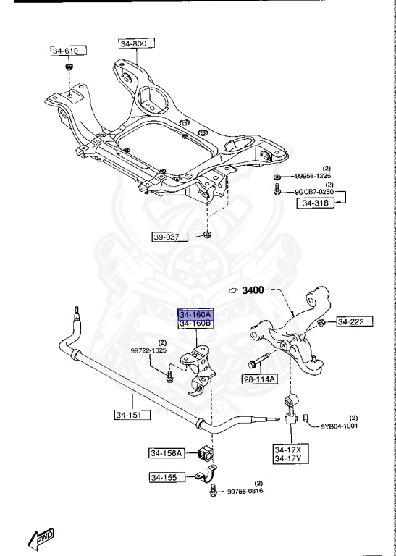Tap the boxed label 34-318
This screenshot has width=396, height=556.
coord(315,203)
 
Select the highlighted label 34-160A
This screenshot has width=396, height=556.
coord(195,315)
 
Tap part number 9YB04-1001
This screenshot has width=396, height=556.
coord(341,426)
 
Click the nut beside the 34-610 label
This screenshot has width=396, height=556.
coord(69,68)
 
